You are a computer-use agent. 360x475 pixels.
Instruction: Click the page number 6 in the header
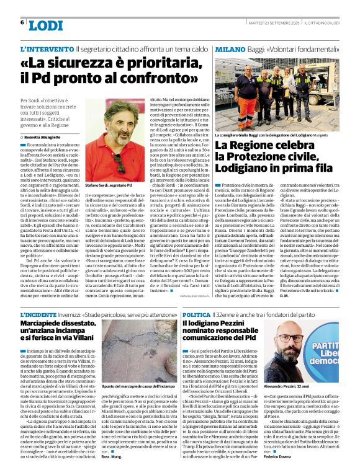[x=22, y=23]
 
